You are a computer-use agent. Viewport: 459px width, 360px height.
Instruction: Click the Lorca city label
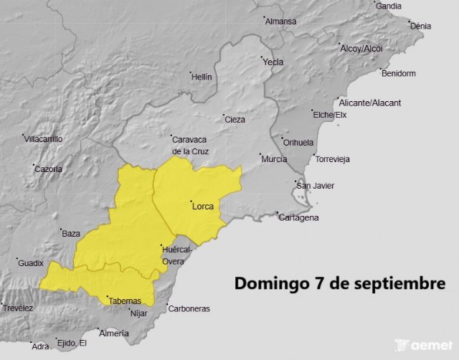(204, 207)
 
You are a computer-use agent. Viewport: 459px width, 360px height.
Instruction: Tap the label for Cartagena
(299, 218)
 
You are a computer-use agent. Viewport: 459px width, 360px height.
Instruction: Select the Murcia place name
(275, 158)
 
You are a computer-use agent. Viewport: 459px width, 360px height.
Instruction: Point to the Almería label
(115, 333)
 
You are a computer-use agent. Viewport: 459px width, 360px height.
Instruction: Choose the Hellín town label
(202, 77)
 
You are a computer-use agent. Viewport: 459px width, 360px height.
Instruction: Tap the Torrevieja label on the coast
(333, 159)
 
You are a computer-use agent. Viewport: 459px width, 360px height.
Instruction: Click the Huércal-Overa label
(176, 255)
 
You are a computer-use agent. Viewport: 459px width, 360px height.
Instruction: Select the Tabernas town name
(126, 300)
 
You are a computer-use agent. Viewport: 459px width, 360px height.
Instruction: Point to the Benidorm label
(399, 73)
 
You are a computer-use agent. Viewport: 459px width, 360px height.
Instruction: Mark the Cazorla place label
(49, 169)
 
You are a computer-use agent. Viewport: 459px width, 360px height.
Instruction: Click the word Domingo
(268, 283)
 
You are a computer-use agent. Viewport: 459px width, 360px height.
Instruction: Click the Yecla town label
(273, 62)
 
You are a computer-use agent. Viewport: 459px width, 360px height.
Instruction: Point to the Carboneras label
(189, 309)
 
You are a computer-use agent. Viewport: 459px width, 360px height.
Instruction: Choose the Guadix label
(31, 263)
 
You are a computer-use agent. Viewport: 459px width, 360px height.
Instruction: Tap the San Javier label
(316, 186)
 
